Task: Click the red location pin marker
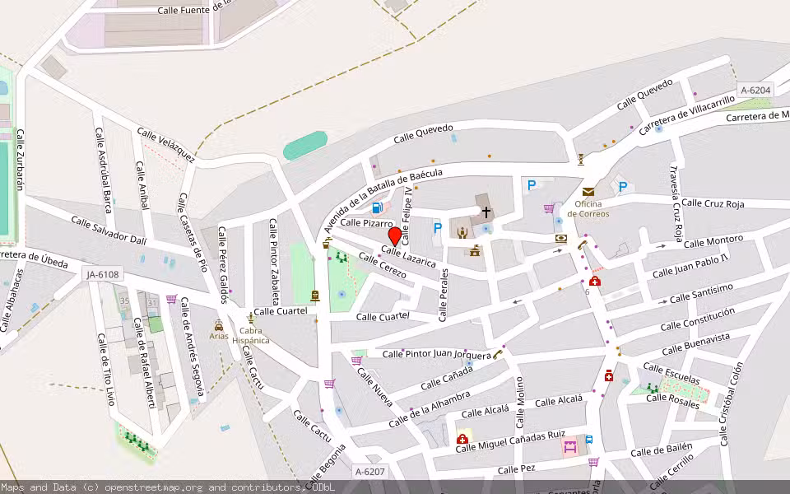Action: click(x=394, y=237)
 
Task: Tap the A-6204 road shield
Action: click(x=755, y=91)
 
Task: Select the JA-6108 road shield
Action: click(x=102, y=274)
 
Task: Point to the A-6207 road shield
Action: click(x=369, y=472)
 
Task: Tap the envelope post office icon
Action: click(x=588, y=192)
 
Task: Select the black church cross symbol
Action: click(x=486, y=212)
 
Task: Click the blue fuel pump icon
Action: click(x=377, y=207)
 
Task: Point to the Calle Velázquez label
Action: click(x=165, y=144)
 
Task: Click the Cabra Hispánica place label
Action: click(x=250, y=336)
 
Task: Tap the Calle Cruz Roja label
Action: click(x=713, y=203)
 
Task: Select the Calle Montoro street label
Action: click(x=713, y=242)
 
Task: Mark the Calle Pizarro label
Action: click(x=366, y=223)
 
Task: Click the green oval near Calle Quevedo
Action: click(x=305, y=146)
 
